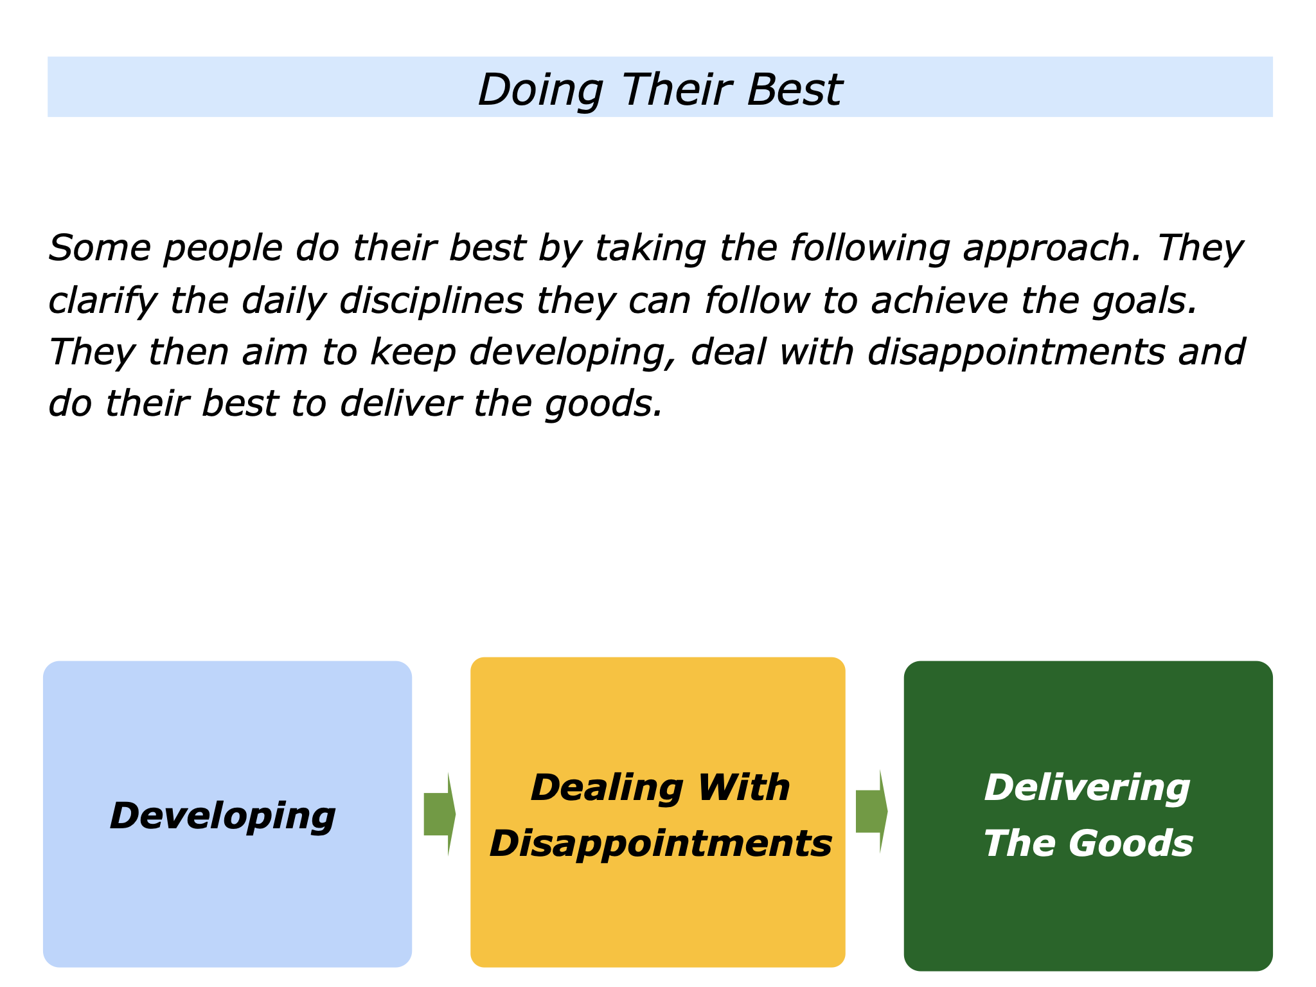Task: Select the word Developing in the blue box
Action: [x=222, y=815]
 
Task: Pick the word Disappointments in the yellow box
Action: [x=661, y=843]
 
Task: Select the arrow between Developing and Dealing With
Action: [x=440, y=814]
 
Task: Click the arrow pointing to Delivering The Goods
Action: [x=871, y=812]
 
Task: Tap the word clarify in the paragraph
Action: [x=102, y=301]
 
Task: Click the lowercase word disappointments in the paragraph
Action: [x=1016, y=353]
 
